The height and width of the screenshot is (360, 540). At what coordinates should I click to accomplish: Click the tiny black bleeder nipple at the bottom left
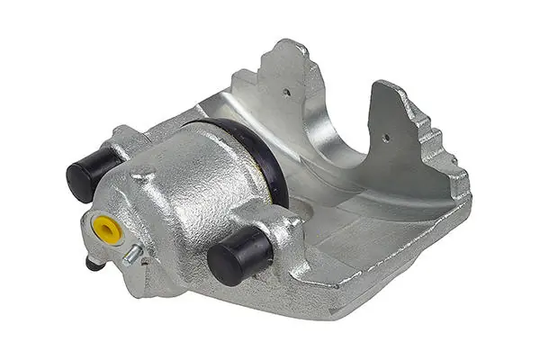coord(93,263)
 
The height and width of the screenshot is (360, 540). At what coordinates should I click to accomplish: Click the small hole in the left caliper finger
coord(287,91)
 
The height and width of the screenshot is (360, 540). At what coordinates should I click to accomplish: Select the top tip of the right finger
coord(382,85)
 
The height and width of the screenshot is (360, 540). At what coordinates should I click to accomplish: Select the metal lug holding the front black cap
coord(270,225)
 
